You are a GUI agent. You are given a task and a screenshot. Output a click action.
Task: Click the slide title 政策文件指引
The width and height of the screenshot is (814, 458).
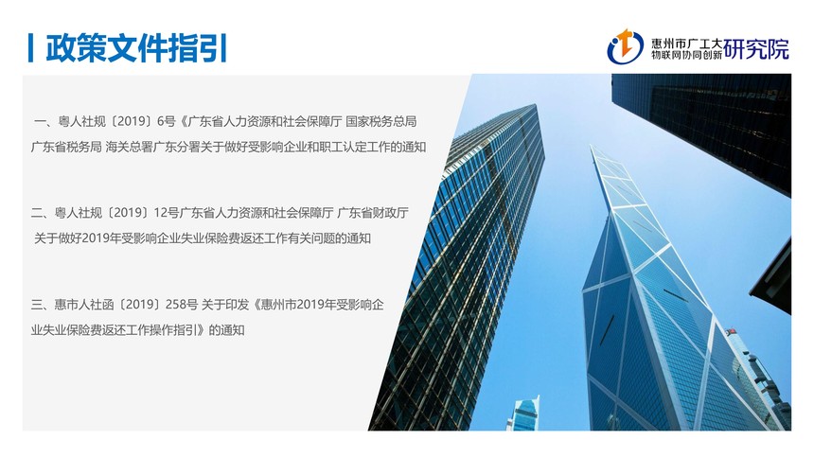tap(136, 48)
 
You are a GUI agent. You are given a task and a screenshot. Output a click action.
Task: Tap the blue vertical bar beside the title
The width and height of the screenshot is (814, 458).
tap(30, 48)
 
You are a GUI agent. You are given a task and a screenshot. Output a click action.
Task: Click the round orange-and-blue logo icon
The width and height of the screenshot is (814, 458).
tap(625, 46)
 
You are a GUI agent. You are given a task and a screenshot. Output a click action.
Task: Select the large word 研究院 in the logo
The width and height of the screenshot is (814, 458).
tap(756, 49)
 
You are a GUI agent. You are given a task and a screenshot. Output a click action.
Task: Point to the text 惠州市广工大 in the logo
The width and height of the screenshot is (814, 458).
tap(687, 44)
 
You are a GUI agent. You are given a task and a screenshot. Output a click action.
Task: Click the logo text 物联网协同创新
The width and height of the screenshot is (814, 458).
tap(687, 55)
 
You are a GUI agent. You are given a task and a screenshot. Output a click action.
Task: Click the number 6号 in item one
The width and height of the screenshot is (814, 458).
tap(167, 121)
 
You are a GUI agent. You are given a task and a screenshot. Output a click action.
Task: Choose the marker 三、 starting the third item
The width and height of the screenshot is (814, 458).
tap(42, 305)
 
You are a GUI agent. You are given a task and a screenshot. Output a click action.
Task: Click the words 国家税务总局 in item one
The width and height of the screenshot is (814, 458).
tap(381, 121)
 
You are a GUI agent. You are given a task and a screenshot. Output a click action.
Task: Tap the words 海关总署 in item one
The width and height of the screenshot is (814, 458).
tap(130, 147)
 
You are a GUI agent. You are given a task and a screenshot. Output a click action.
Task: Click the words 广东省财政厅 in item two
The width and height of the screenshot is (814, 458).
tap(373, 213)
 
